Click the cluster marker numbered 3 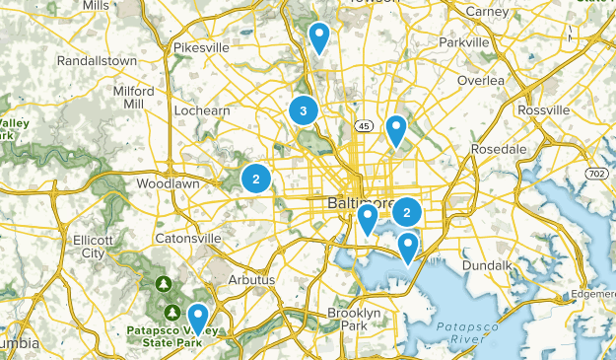[x=303, y=110]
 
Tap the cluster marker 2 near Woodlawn [x=256, y=179]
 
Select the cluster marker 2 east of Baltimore [x=407, y=211]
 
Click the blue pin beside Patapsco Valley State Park [x=198, y=318]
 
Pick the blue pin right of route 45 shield [x=396, y=129]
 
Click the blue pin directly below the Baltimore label [x=368, y=217]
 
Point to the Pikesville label [x=200, y=46]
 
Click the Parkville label [x=463, y=43]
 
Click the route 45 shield [x=364, y=126]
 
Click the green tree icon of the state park [x=164, y=285]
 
